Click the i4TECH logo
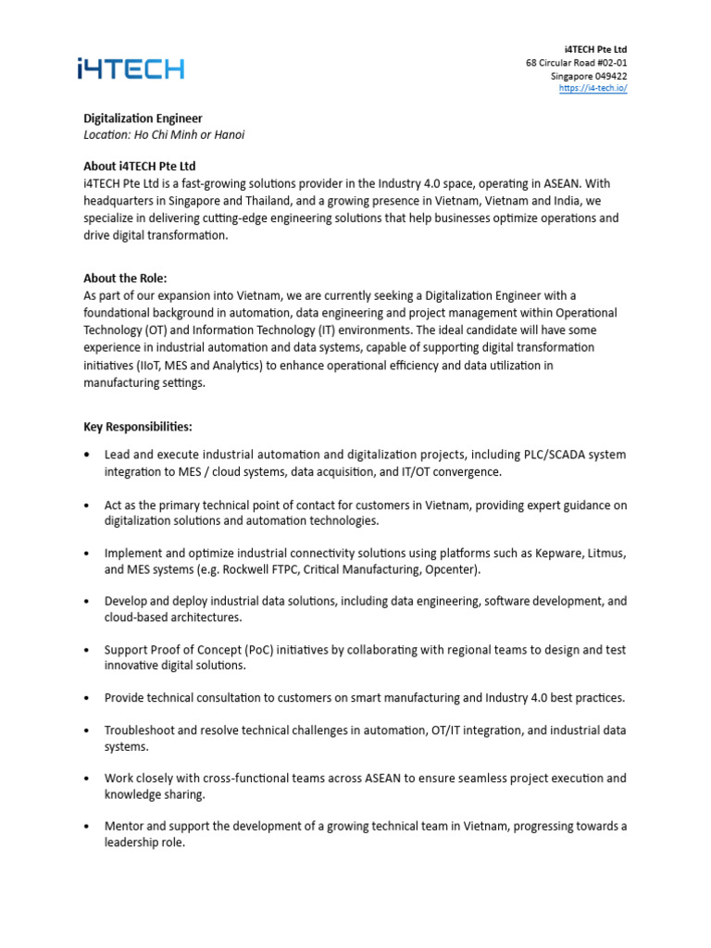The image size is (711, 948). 130,69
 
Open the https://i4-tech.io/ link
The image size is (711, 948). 592,88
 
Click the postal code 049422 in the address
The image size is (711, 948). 608,76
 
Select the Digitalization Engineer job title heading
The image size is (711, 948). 143,118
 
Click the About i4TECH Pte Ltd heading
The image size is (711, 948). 140,167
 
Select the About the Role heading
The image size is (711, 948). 125,278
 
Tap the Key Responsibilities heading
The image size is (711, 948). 138,427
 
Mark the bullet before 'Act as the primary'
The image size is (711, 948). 87,505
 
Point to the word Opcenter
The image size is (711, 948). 454,570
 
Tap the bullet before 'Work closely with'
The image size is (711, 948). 87,779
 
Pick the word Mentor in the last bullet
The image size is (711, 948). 125,826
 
